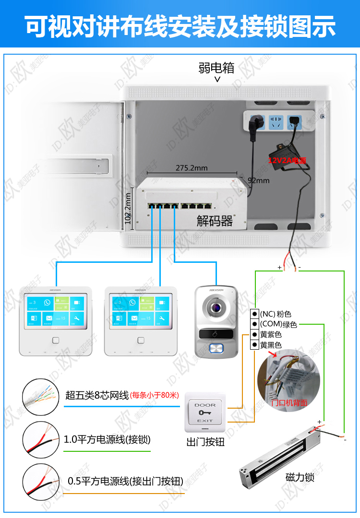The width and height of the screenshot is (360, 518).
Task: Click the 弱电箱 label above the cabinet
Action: [x=216, y=68]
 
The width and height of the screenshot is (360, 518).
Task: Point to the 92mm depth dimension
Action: [x=259, y=181]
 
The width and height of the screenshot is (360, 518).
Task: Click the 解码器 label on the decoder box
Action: [x=215, y=221]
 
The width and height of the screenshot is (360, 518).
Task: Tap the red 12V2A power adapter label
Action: [x=287, y=160]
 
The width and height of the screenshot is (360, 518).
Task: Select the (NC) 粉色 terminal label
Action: [x=276, y=314]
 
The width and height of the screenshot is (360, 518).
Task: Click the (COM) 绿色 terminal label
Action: [x=278, y=325]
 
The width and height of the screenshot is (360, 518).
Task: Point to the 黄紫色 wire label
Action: [x=271, y=335]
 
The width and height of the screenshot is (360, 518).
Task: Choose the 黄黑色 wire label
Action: [x=271, y=345]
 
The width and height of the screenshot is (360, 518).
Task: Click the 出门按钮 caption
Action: [x=205, y=442]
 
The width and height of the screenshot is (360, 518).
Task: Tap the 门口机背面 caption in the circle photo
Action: [x=289, y=403]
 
